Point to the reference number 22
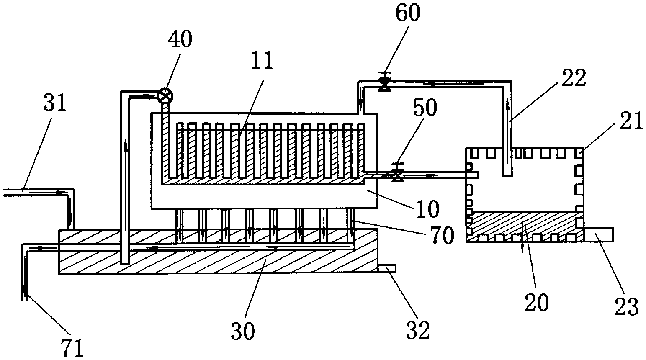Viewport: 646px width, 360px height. [574, 78]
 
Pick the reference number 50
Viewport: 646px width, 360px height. [425, 108]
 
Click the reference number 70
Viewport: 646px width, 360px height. [441, 236]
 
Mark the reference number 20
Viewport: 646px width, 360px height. [536, 302]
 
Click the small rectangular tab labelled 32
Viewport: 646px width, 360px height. [387, 268]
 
